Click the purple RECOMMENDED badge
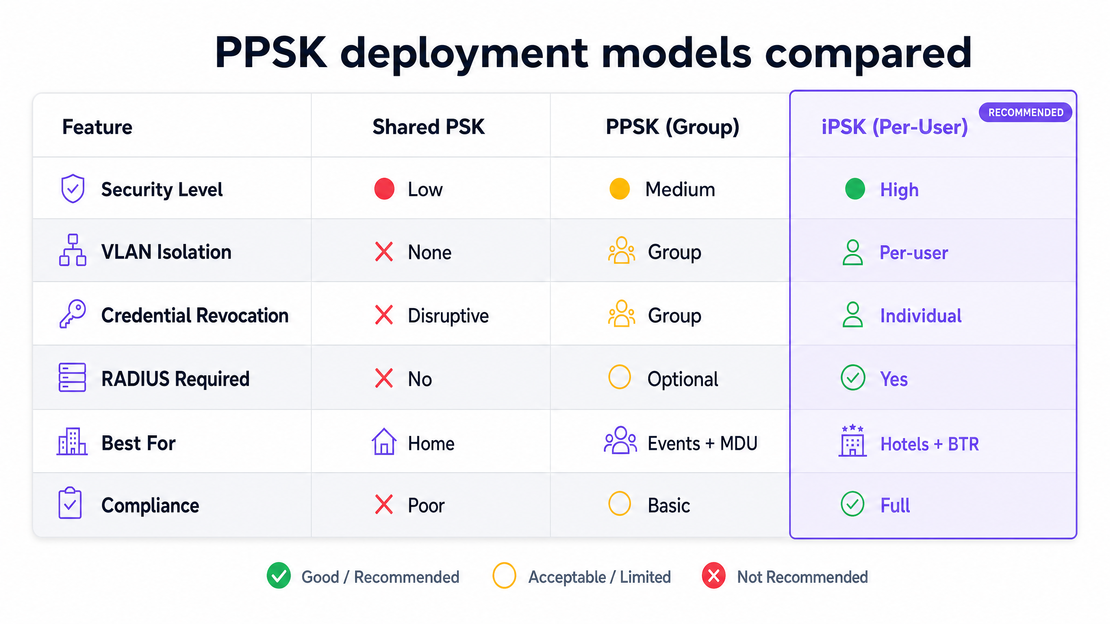click(1025, 112)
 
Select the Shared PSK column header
click(428, 127)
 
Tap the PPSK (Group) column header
click(673, 127)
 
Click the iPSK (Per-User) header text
click(895, 127)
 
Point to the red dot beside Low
click(384, 189)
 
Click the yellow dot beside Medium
click(620, 189)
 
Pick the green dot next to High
click(855, 189)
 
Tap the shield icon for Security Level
click(73, 188)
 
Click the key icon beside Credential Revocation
click(72, 314)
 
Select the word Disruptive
click(448, 316)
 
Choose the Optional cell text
click(682, 379)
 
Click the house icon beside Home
click(384, 442)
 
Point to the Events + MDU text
click(702, 443)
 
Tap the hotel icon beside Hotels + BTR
click(852, 440)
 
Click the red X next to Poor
click(384, 504)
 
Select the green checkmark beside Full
click(852, 504)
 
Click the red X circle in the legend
click(714, 576)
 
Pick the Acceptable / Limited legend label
click(600, 577)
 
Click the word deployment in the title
click(464, 54)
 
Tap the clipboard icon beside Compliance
click(70, 503)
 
